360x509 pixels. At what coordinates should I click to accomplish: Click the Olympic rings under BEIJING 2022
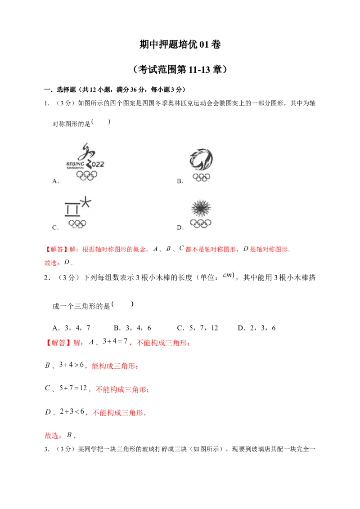(86, 176)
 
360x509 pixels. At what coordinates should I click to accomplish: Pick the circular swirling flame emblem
(201, 159)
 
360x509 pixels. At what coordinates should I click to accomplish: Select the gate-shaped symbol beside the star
(73, 209)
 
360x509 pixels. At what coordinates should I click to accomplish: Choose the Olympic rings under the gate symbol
(77, 223)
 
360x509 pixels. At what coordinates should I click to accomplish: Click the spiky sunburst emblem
(201, 208)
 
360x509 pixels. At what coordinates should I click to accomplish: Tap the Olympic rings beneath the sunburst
(201, 223)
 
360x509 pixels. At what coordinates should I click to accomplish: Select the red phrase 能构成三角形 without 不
(114, 367)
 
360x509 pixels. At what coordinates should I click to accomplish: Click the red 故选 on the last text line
(52, 436)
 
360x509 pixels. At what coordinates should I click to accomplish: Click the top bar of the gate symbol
(73, 205)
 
